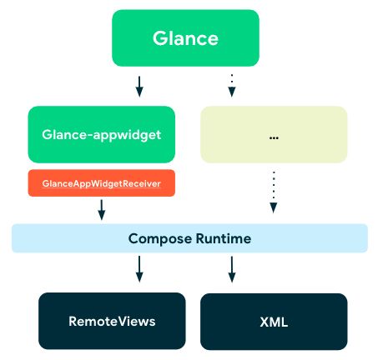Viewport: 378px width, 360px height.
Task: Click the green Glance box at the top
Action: pyautogui.click(x=185, y=38)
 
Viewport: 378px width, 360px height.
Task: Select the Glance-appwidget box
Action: pyautogui.click(x=102, y=134)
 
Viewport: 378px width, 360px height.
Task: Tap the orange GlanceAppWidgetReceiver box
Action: pyautogui.click(x=102, y=183)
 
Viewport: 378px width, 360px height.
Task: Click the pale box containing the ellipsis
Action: pyautogui.click(x=274, y=134)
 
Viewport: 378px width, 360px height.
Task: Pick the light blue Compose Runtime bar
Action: pyautogui.click(x=189, y=238)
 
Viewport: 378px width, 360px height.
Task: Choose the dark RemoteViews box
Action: pyautogui.click(x=112, y=321)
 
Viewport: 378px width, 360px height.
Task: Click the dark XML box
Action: pyautogui.click(x=274, y=322)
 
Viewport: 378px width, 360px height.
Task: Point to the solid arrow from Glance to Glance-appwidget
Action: pyautogui.click(x=139, y=87)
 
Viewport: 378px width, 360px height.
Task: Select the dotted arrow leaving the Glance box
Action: pyautogui.click(x=232, y=86)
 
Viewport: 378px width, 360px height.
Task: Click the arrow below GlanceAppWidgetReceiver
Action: pyautogui.click(x=102, y=210)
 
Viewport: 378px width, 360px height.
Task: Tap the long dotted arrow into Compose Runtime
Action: pyautogui.click(x=274, y=192)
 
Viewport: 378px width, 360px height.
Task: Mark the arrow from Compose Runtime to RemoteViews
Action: pyautogui.click(x=139, y=269)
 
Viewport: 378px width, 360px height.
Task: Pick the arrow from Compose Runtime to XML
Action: pyautogui.click(x=232, y=269)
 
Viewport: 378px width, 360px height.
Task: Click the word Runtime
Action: pyautogui.click(x=224, y=238)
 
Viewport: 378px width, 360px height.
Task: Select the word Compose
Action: pyautogui.click(x=160, y=239)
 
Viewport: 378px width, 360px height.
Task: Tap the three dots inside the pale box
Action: pyautogui.click(x=274, y=137)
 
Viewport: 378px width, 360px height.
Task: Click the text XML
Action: pyautogui.click(x=274, y=322)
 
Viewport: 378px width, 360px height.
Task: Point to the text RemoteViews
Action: pyautogui.click(x=112, y=322)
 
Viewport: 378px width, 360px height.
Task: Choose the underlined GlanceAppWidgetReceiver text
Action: pyautogui.click(x=102, y=183)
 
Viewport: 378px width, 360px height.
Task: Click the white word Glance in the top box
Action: pyautogui.click(x=185, y=38)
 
